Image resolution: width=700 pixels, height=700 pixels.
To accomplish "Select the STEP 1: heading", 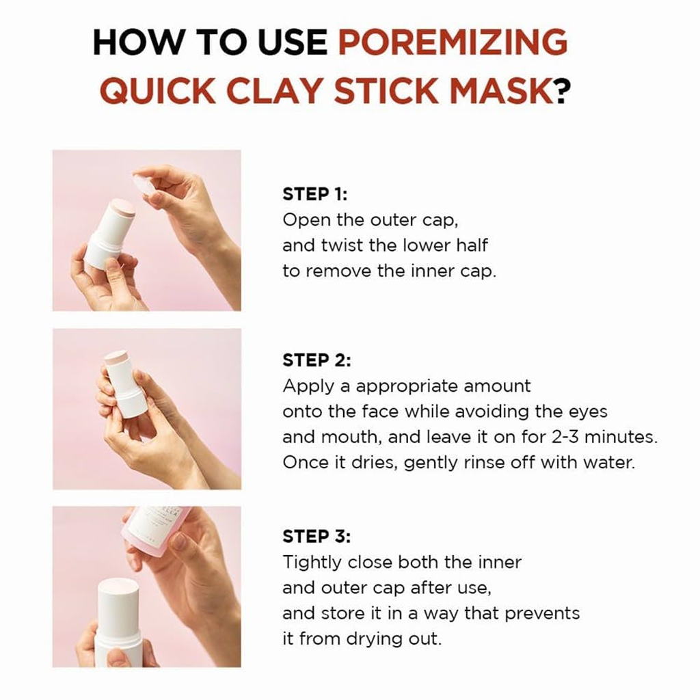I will [x=315, y=194].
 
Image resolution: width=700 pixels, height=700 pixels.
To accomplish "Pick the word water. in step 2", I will [x=608, y=463].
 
